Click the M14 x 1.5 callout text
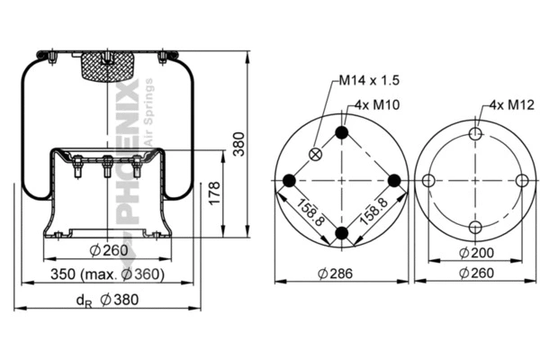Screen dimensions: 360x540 click(369, 80)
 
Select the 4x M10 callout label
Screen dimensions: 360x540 click(377, 104)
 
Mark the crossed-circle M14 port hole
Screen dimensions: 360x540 click(315, 154)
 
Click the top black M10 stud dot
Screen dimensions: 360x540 click(341, 133)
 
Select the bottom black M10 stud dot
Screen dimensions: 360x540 click(341, 233)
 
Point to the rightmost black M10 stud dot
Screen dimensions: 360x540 click(393, 181)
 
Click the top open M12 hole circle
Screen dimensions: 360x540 click(474, 134)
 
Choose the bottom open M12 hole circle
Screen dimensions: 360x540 click(474, 227)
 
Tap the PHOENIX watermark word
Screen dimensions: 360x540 click(129, 153)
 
